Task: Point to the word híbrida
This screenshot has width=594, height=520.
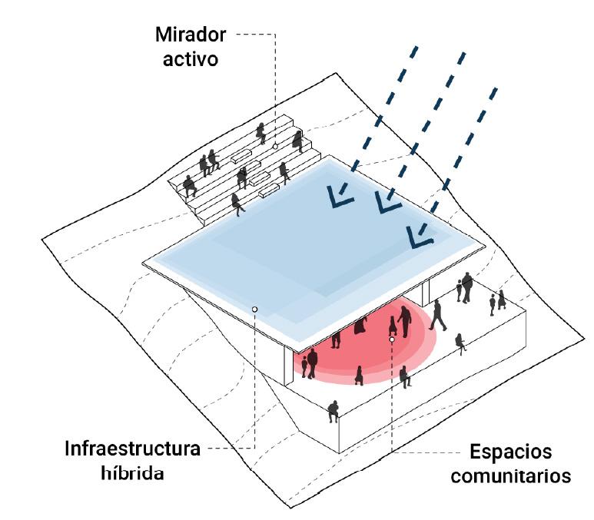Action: tap(132, 472)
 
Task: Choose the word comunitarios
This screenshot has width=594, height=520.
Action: tap(510, 476)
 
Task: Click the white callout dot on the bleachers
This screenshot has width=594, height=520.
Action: tap(274, 144)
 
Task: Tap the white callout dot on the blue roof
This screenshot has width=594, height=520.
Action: tap(254, 309)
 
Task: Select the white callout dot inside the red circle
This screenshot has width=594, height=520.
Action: tap(391, 339)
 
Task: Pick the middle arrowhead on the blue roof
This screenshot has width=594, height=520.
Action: tap(383, 203)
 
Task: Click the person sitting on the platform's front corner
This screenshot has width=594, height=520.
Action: tap(333, 411)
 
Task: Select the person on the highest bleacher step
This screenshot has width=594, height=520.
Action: tap(261, 132)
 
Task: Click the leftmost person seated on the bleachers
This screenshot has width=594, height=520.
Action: tap(188, 185)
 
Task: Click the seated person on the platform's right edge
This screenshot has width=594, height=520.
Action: tap(460, 342)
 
